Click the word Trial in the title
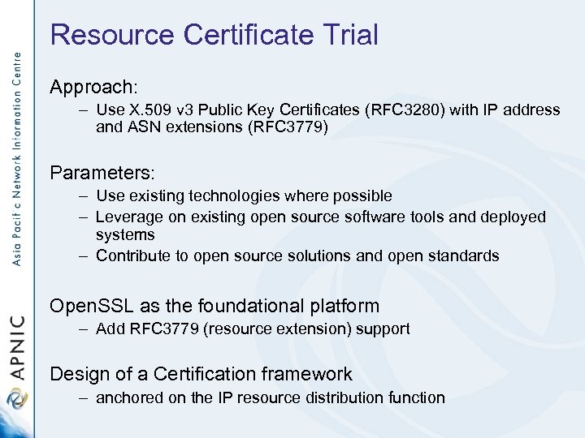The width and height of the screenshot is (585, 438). [349, 35]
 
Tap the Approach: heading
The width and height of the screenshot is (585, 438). [94, 87]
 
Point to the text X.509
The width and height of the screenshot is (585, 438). [149, 109]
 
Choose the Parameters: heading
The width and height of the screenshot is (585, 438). [102, 173]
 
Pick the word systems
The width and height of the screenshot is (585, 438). [124, 234]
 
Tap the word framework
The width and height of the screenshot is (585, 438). [313, 374]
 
